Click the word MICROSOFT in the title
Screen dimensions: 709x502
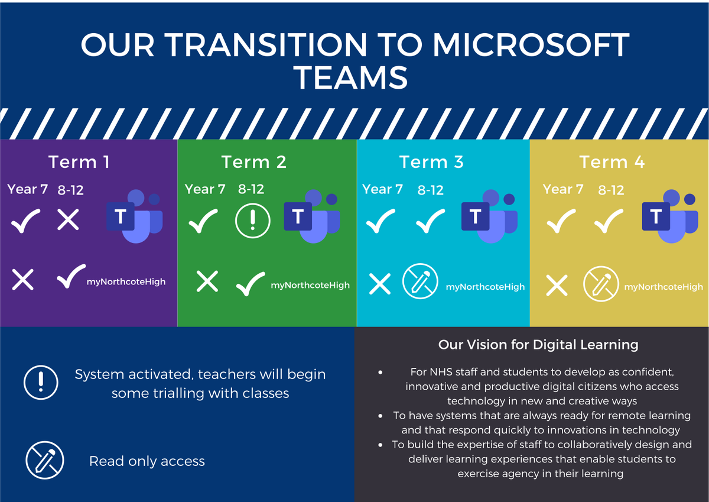pyautogui.click(x=531, y=45)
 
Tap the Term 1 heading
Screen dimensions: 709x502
pyautogui.click(x=79, y=162)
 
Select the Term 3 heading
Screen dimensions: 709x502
pyautogui.click(x=431, y=162)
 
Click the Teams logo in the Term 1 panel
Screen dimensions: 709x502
pyautogui.click(x=135, y=216)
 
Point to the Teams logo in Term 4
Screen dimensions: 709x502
pyautogui.click(x=670, y=216)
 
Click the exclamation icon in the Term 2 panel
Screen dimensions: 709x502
pyautogui.click(x=253, y=221)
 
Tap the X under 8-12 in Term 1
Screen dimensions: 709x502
pyautogui.click(x=68, y=219)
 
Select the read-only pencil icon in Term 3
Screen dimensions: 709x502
pyautogui.click(x=420, y=281)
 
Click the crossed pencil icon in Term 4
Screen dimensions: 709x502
pyautogui.click(x=601, y=284)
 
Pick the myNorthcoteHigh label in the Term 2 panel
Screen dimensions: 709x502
pyautogui.click(x=310, y=286)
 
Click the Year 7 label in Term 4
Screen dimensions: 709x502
pyautogui.click(x=562, y=189)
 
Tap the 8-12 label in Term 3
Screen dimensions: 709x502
pyautogui.click(x=431, y=190)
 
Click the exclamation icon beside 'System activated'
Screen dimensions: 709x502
pyautogui.click(x=41, y=383)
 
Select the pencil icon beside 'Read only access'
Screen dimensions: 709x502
pyautogui.click(x=45, y=460)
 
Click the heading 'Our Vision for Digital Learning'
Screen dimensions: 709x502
pyautogui.click(x=538, y=345)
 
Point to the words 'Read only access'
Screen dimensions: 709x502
pyautogui.click(x=147, y=461)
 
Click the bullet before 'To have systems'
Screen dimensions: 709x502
pyautogui.click(x=380, y=416)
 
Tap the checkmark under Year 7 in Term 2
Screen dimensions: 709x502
pyautogui.click(x=203, y=221)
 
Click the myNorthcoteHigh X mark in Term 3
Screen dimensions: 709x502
pyautogui.click(x=380, y=284)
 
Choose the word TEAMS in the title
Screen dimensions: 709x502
pyautogui.click(x=350, y=78)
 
